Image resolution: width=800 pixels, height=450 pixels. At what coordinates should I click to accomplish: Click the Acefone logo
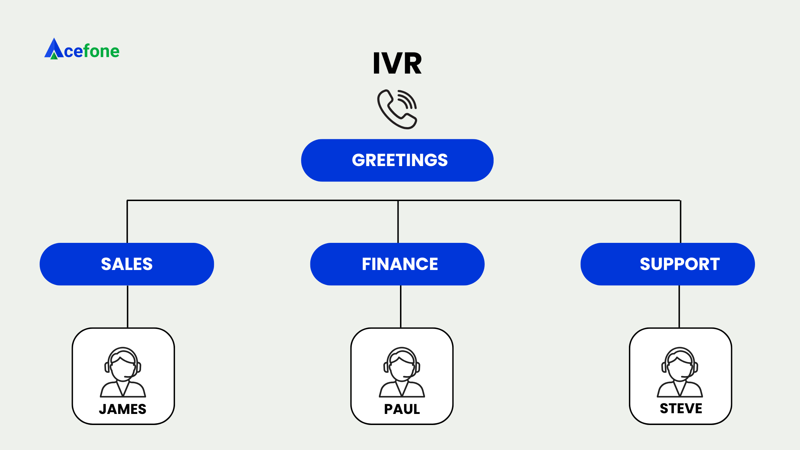click(82, 50)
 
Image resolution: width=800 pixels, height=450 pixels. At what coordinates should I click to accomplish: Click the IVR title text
click(397, 64)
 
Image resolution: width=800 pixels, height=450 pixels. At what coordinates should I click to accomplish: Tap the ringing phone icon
click(397, 109)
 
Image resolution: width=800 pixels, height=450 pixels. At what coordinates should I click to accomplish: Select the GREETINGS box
click(397, 160)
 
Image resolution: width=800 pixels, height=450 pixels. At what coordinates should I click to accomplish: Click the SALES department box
click(127, 264)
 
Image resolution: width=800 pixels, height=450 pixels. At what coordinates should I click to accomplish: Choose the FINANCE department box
click(397, 264)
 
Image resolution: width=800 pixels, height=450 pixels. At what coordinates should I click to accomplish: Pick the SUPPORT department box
click(667, 264)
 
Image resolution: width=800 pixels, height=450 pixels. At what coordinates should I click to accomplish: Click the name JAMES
click(122, 409)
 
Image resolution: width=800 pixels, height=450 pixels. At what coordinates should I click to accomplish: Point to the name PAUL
click(402, 409)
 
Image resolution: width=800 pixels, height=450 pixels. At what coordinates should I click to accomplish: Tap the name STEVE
click(681, 409)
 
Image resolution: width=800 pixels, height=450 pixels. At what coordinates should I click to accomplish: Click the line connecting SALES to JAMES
click(127, 306)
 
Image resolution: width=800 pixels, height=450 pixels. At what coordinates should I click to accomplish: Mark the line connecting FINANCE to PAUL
click(401, 306)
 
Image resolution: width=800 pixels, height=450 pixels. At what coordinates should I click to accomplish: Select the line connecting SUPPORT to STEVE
click(679, 306)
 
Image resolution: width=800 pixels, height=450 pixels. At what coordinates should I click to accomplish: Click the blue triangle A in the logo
click(54, 49)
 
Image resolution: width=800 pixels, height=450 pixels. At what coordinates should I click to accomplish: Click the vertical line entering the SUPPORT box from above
click(680, 221)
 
